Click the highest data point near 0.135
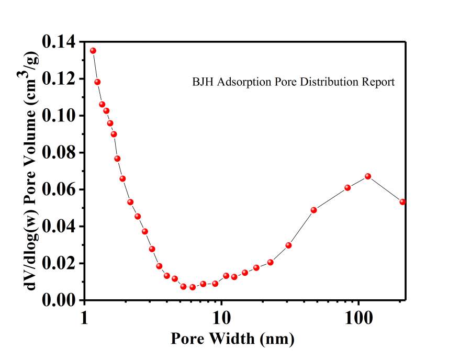coord(93,51)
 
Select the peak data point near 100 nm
coord(368,176)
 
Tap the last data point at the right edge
coord(402,201)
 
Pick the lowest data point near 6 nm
coord(193,287)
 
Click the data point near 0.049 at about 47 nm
coord(314,210)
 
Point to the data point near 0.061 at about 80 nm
coord(347,187)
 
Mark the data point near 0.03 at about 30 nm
coord(288,245)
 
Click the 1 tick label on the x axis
coord(85,318)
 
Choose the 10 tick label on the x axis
coord(221,318)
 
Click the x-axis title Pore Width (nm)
coord(232,339)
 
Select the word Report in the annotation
coord(379,82)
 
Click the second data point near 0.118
coord(97,82)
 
